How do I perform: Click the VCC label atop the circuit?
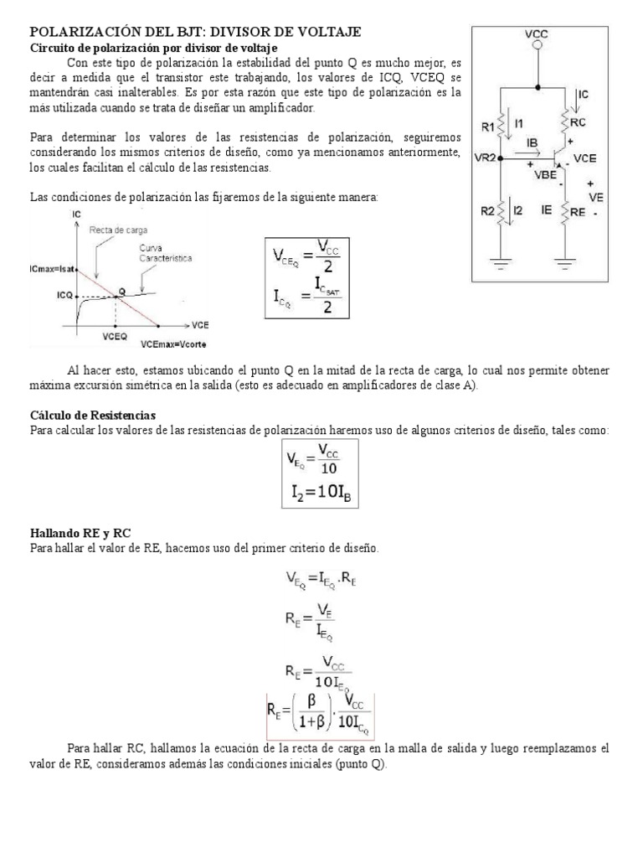pyautogui.click(x=537, y=34)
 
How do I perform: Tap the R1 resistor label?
pyautogui.click(x=487, y=127)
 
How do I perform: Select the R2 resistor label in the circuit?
pyautogui.click(x=487, y=212)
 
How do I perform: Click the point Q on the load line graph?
pyautogui.click(x=122, y=291)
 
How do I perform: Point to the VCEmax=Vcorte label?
pyautogui.click(x=175, y=344)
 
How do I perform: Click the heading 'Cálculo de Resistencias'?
pyautogui.click(x=93, y=416)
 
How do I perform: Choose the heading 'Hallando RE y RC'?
pyautogui.click(x=80, y=533)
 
